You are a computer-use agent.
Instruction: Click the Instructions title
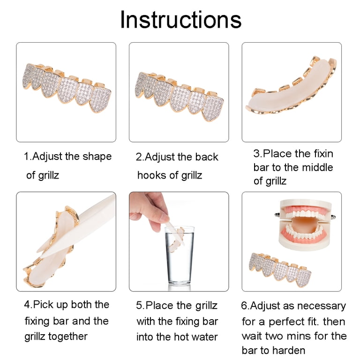coord(180,20)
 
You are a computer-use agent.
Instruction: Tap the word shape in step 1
coord(97,157)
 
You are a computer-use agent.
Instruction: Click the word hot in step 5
coord(181,337)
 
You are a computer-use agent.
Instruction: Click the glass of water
coord(180,255)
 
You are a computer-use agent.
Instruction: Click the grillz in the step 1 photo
coord(67,88)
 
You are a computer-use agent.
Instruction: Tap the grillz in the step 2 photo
coord(179,97)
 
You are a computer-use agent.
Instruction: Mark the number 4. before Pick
coord(28,305)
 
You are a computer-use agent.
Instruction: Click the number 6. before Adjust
coord(246,306)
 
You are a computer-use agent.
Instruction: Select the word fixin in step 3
coord(323,154)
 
